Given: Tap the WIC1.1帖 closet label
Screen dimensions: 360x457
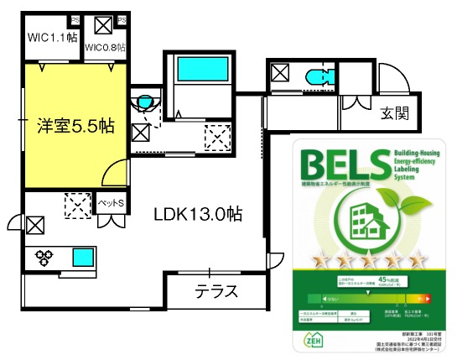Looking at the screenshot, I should [x=52, y=37].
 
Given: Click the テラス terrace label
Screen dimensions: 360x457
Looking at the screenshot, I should [x=216, y=292].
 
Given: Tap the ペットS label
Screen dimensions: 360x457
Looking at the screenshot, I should [x=111, y=203].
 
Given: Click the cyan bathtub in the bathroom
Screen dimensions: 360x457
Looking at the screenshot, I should [x=200, y=67].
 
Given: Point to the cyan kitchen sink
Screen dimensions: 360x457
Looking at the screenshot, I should [x=85, y=256].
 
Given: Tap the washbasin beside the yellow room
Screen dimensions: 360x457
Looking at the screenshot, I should [x=146, y=102].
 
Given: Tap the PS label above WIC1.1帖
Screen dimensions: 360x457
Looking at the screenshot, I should [x=75, y=18].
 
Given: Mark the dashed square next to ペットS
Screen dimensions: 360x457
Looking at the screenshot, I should [x=79, y=204].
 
